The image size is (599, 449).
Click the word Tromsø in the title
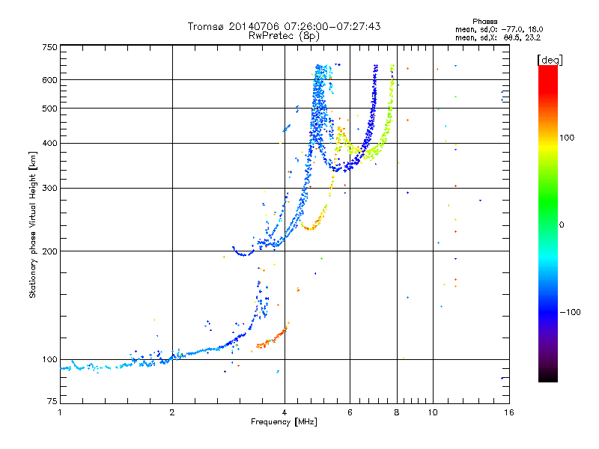204,26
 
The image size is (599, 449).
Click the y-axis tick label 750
49,46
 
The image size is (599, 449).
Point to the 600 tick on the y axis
49,80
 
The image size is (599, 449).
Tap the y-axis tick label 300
49,189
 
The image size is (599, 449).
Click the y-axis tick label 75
52,404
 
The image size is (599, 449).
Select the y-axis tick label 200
49,251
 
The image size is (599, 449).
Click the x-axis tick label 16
508,412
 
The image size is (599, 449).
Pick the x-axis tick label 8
397,412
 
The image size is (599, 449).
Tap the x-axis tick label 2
172,412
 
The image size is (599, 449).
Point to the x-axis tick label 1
60,412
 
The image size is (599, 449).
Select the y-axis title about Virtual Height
33,224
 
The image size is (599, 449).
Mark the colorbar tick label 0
563,224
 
